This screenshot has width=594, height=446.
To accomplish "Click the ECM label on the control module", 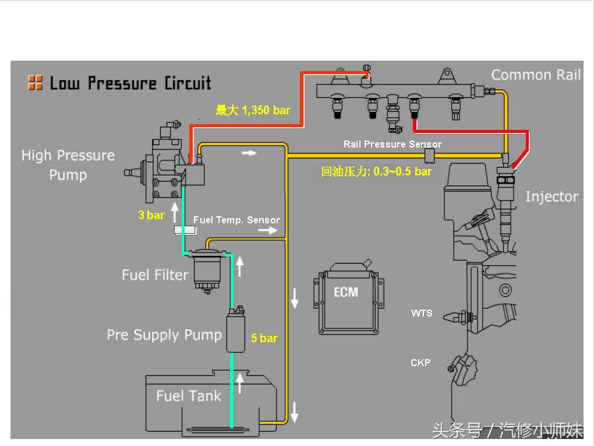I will [345, 291].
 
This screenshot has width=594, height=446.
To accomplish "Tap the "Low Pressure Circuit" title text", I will [130, 83].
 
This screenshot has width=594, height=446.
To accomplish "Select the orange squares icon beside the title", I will [35, 83].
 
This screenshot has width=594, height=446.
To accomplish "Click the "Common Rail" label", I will [536, 75].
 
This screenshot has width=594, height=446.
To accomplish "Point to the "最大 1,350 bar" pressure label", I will [253, 110].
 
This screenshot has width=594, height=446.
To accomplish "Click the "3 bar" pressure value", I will [151, 215].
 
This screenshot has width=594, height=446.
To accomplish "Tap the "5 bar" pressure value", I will [264, 338].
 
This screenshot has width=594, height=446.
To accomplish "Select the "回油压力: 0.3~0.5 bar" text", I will [377, 171].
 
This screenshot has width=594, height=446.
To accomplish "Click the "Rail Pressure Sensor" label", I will [393, 144].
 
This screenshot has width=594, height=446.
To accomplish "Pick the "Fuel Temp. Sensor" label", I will [236, 220].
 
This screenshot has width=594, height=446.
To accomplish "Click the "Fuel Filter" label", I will [155, 275].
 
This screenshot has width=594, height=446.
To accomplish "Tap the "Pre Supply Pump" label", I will [164, 335].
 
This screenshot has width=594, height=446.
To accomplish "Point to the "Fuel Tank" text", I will [189, 396].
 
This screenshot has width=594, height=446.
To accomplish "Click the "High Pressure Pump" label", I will [68, 165].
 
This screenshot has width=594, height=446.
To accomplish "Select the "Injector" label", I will [551, 196].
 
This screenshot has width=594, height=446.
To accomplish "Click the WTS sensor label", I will [422, 313].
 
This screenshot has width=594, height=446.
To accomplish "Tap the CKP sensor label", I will [420, 363].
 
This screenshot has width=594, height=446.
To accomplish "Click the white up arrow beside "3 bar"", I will [174, 210].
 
